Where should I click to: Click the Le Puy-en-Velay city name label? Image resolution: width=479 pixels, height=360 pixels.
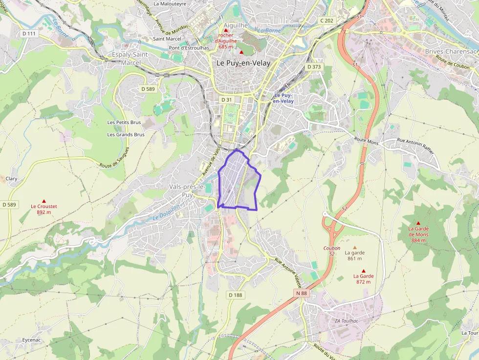[243, 63]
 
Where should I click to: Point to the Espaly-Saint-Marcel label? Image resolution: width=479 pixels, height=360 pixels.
[131, 58]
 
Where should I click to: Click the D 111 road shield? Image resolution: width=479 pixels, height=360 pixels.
[29, 33]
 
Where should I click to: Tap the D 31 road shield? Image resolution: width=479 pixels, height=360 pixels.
[226, 100]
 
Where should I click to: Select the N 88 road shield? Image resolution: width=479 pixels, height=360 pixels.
[301, 293]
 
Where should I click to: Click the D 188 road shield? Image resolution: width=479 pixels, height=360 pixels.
[235, 295]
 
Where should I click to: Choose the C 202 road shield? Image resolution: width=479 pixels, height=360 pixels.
[327, 21]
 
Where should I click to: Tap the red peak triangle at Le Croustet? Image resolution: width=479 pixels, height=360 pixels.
[44, 201]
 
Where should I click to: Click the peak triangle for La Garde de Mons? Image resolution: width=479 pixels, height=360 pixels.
[418, 223]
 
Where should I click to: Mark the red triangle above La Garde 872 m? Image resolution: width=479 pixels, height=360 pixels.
[363, 271]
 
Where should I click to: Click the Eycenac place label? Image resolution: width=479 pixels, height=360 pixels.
[32, 340]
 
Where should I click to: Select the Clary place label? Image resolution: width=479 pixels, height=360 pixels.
[11, 179]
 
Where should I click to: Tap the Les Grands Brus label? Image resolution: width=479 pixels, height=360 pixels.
[126, 134]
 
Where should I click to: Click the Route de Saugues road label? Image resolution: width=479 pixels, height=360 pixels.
[115, 158]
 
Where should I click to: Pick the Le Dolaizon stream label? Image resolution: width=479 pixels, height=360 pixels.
[166, 212]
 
